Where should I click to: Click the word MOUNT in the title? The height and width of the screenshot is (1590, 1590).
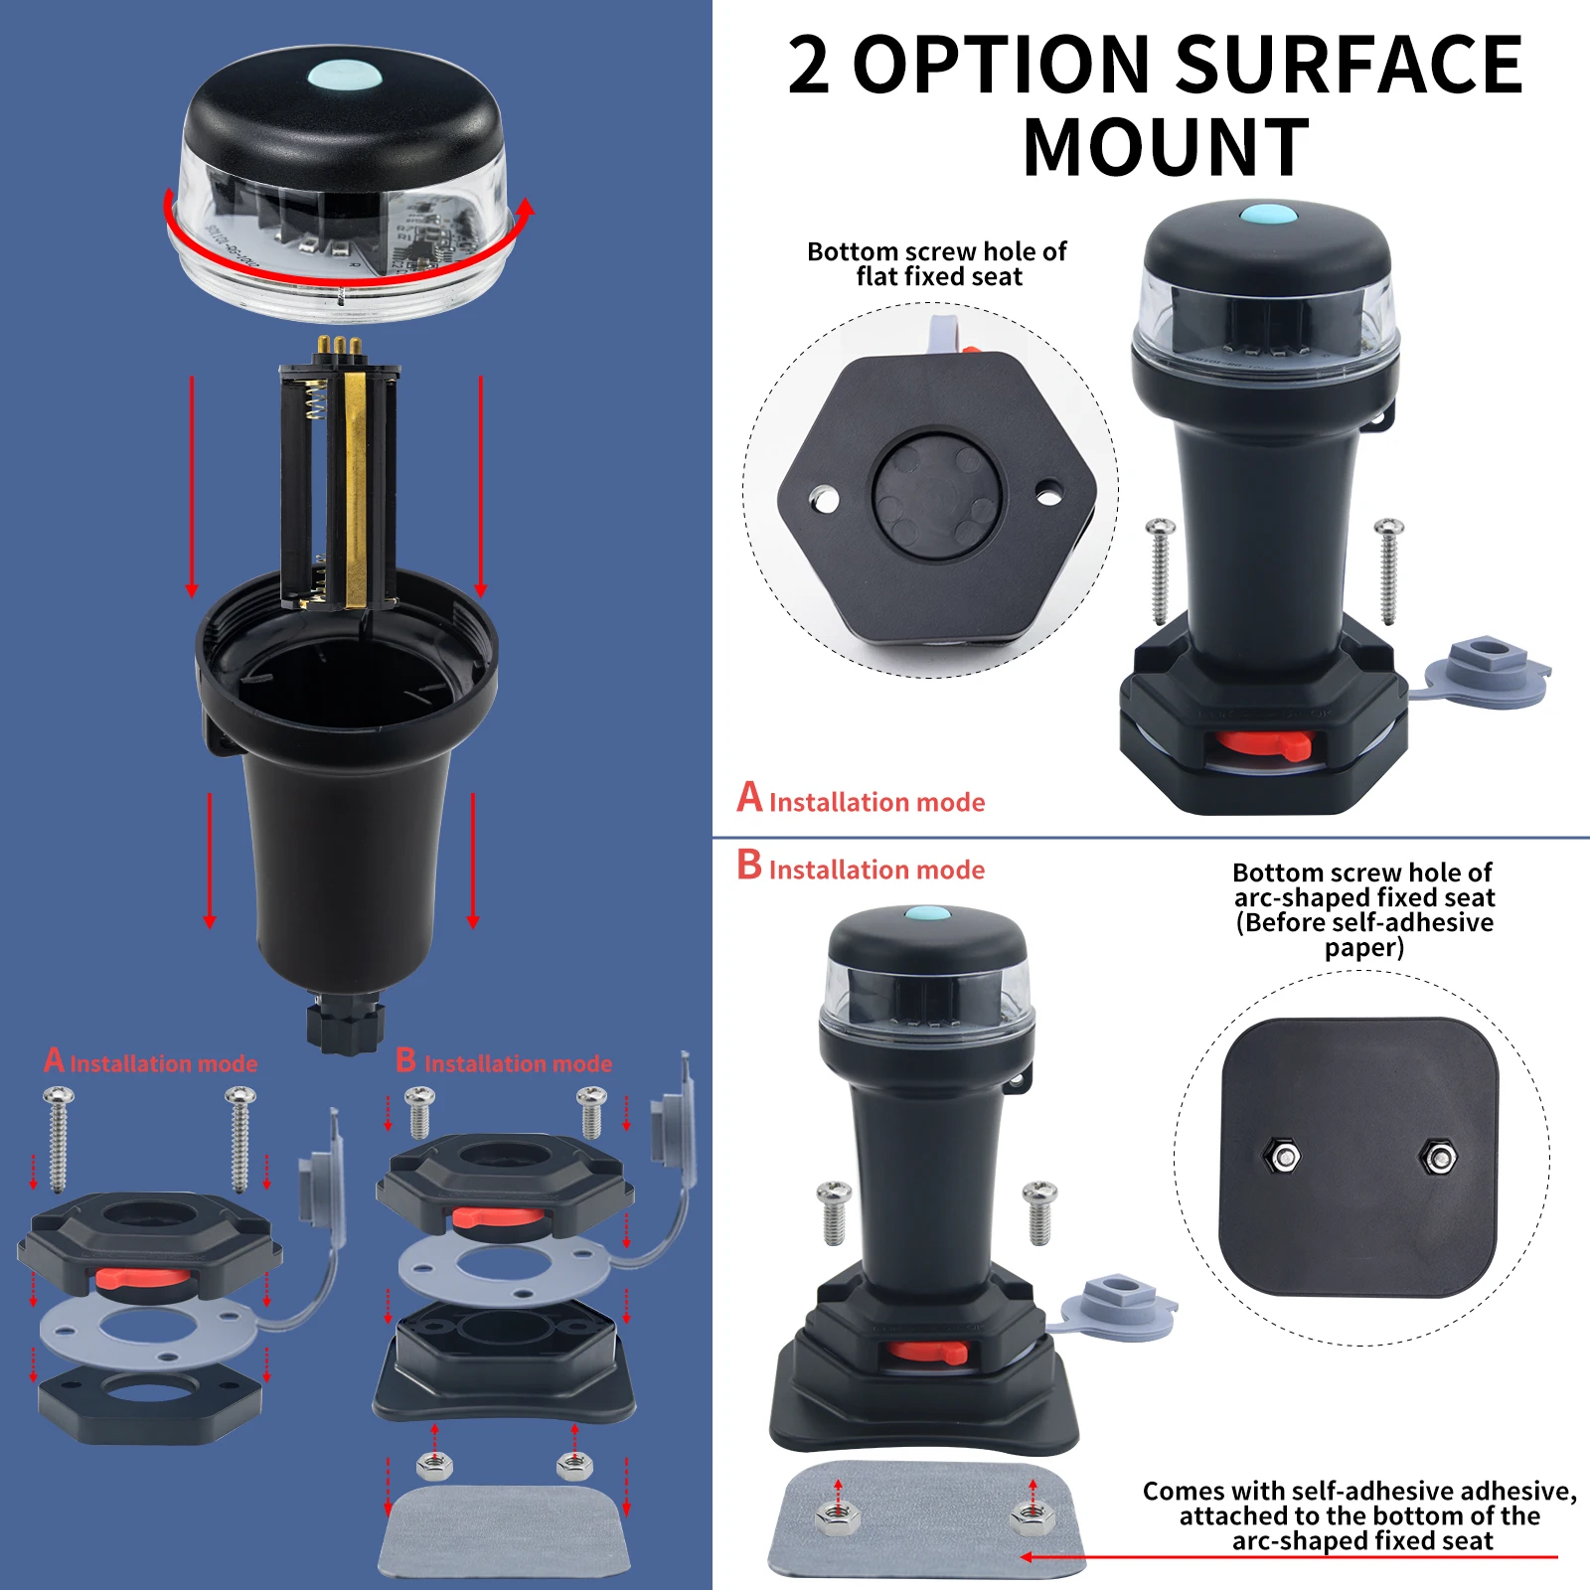(1165, 148)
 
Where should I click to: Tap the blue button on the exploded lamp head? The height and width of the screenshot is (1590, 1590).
(344, 76)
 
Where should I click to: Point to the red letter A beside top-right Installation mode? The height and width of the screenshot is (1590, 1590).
(749, 797)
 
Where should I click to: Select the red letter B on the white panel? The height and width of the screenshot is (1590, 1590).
(749, 865)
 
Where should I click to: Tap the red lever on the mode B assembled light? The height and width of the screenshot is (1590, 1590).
(927, 1351)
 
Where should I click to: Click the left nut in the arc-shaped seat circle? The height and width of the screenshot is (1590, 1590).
(1284, 1157)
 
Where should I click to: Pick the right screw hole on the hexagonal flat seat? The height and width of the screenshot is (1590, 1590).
(1048, 492)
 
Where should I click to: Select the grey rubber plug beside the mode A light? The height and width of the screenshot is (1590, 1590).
(1488, 668)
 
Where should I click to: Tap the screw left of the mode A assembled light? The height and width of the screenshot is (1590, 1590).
(1160, 571)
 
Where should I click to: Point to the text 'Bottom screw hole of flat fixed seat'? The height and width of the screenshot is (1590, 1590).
(937, 264)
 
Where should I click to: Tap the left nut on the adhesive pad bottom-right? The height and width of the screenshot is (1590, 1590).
(836, 1515)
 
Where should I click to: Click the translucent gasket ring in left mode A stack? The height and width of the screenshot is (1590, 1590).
(149, 1332)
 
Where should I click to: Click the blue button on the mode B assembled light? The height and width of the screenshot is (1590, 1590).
(926, 913)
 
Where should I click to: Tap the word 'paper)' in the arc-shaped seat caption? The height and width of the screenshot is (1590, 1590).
(1363, 948)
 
